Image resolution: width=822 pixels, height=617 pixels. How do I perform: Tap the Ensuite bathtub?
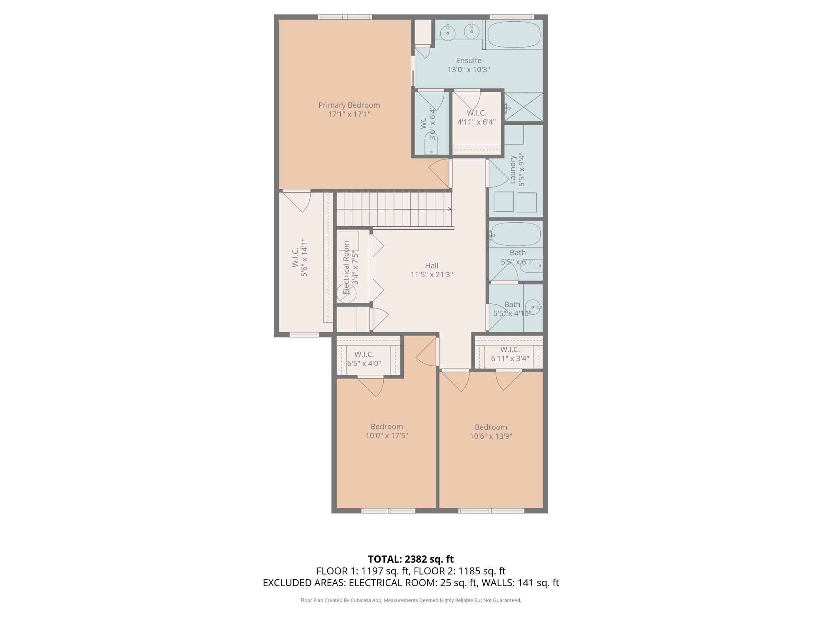click(514, 34)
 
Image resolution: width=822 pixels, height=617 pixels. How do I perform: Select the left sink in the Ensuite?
click(448, 31)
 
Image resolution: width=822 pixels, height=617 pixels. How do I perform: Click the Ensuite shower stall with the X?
click(524, 107)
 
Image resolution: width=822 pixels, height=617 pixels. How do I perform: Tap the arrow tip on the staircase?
click(451, 209)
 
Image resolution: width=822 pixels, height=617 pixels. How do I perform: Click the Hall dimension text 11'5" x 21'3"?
click(432, 274)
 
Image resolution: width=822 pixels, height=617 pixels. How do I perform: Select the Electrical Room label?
click(347, 268)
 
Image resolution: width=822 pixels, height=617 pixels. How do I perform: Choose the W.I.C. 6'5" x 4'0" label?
click(364, 359)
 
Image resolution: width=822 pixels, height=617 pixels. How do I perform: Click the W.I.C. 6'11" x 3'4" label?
click(510, 354)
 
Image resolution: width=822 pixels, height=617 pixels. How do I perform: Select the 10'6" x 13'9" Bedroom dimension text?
click(491, 436)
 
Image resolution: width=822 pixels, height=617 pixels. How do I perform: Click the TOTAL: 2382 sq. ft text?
click(411, 559)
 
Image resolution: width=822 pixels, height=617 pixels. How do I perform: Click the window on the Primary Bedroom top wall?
click(345, 17)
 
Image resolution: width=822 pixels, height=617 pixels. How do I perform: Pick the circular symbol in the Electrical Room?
click(347, 293)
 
